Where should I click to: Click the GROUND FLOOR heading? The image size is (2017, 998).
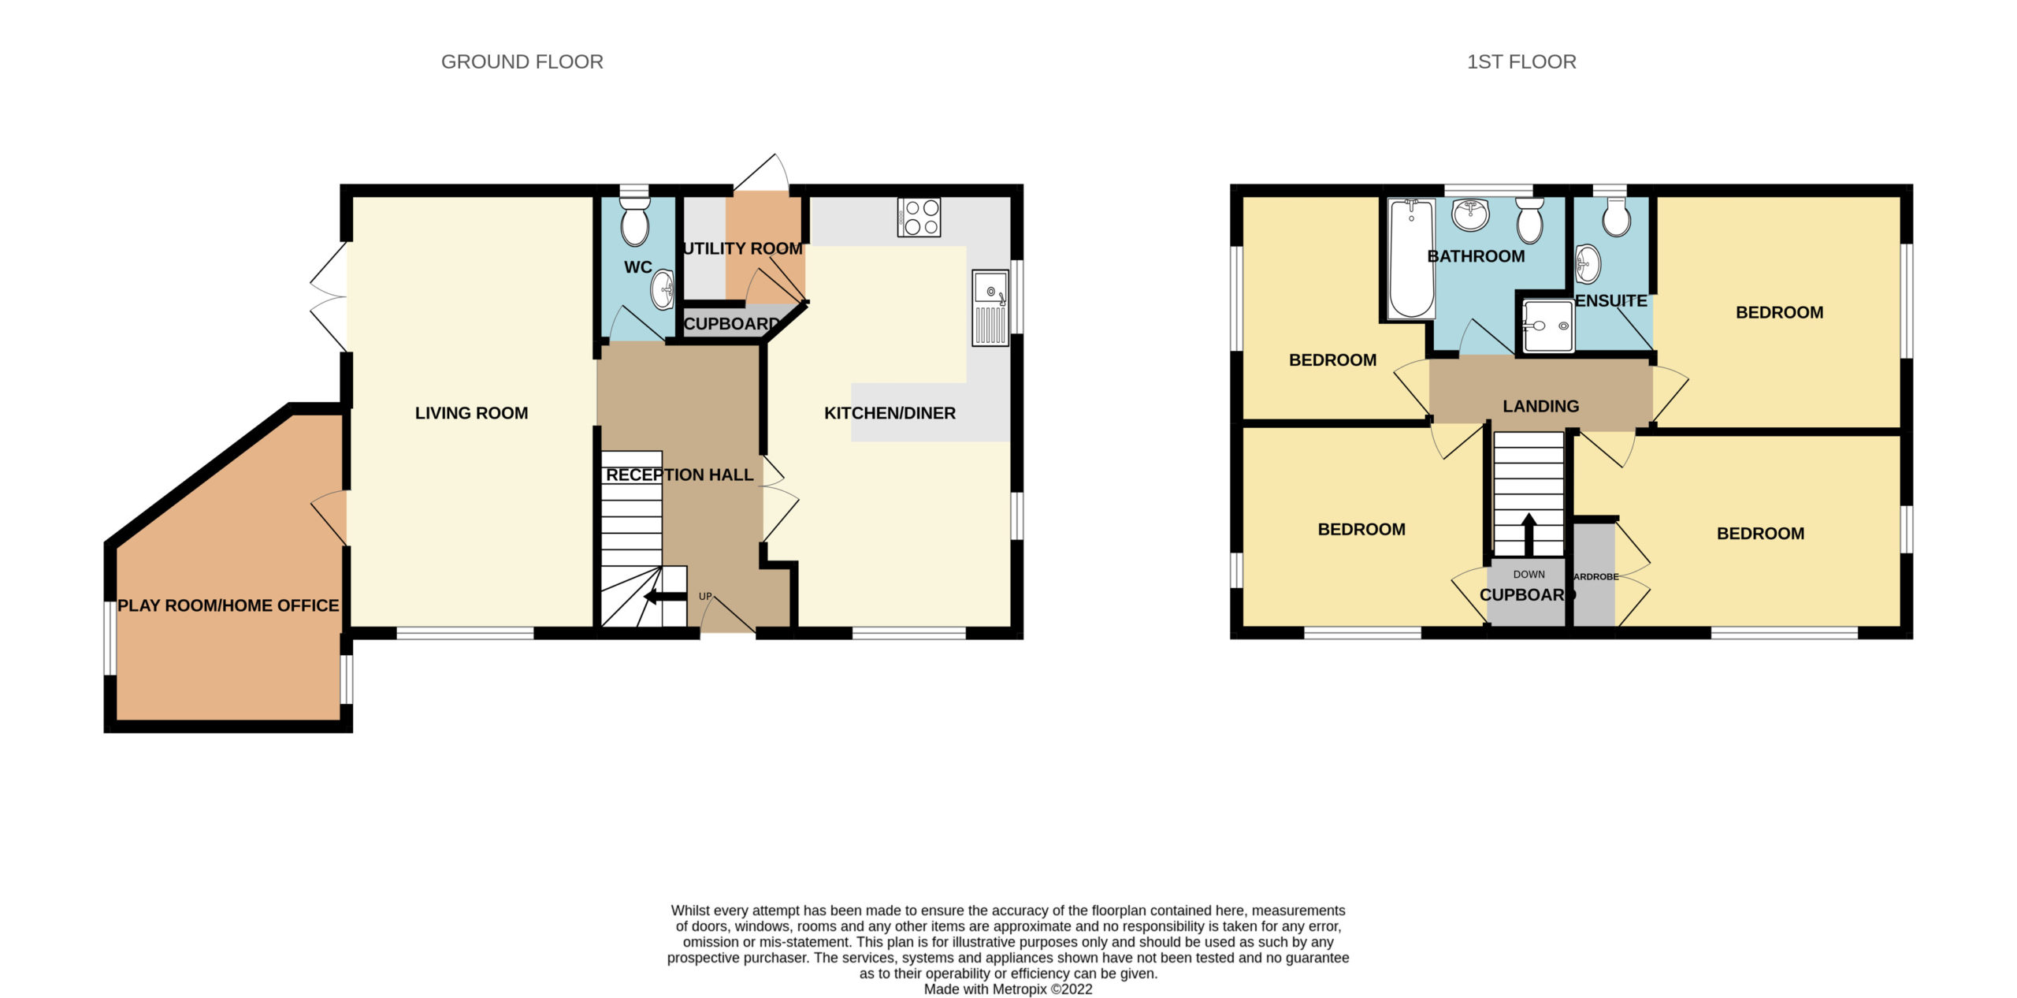pyautogui.click(x=522, y=61)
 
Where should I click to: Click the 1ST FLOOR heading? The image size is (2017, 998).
pyautogui.click(x=1521, y=61)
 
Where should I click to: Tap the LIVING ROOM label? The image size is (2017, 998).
pyautogui.click(x=471, y=413)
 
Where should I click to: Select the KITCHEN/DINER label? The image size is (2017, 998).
pyautogui.click(x=890, y=413)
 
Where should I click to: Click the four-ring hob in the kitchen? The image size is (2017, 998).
pyautogui.click(x=919, y=217)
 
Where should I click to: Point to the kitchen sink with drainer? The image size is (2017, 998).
pyautogui.click(x=990, y=308)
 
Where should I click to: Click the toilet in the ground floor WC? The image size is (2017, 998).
pyautogui.click(x=634, y=220)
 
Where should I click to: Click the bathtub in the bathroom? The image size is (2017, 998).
pyautogui.click(x=1411, y=259)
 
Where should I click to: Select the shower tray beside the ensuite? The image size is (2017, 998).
pyautogui.click(x=1547, y=326)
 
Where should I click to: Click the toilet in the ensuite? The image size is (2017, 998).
pyautogui.click(x=1616, y=216)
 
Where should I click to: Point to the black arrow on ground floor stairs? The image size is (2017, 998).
pyautogui.click(x=665, y=597)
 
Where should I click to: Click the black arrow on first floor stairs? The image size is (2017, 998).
pyautogui.click(x=1529, y=534)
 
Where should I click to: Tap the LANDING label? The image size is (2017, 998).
pyautogui.click(x=1540, y=407)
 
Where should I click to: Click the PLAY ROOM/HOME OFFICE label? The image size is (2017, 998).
pyautogui.click(x=228, y=605)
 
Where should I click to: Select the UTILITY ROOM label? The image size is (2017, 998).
pyautogui.click(x=743, y=248)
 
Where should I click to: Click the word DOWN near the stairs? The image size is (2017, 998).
pyautogui.click(x=1529, y=575)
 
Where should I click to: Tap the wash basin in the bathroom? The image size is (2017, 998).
pyautogui.click(x=1470, y=214)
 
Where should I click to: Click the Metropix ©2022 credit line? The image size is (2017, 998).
pyautogui.click(x=1008, y=989)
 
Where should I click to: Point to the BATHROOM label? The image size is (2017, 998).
pyautogui.click(x=1476, y=256)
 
